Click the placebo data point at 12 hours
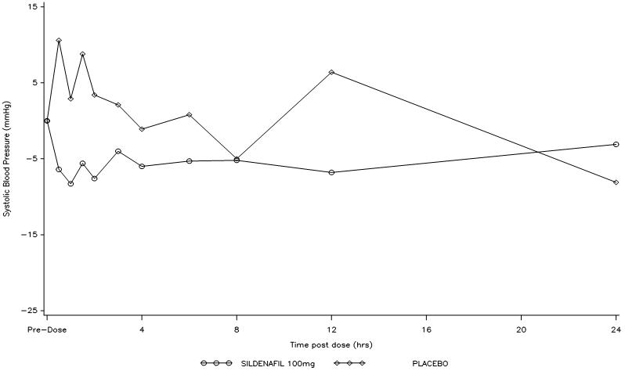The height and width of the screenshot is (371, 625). click(x=331, y=72)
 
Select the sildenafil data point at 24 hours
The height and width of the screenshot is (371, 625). click(x=616, y=145)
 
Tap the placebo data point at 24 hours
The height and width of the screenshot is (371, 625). click(x=616, y=182)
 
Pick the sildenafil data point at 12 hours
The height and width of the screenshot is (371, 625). click(x=331, y=172)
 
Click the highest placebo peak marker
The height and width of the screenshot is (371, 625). click(x=59, y=40)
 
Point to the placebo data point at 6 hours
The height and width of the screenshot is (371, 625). click(x=190, y=115)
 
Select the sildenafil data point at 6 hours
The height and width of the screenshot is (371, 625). click(x=190, y=161)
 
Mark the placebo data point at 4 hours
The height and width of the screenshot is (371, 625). click(x=142, y=129)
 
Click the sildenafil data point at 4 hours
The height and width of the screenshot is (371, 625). click(x=142, y=166)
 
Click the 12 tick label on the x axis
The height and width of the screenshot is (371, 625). click(x=331, y=330)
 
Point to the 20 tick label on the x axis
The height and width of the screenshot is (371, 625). click(x=521, y=330)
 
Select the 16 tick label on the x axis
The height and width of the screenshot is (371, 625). click(x=426, y=330)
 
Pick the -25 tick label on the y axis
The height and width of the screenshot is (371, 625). click(x=28, y=311)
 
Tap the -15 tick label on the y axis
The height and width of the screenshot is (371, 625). click(x=28, y=235)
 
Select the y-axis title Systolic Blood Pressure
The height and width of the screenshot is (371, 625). click(x=6, y=159)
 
